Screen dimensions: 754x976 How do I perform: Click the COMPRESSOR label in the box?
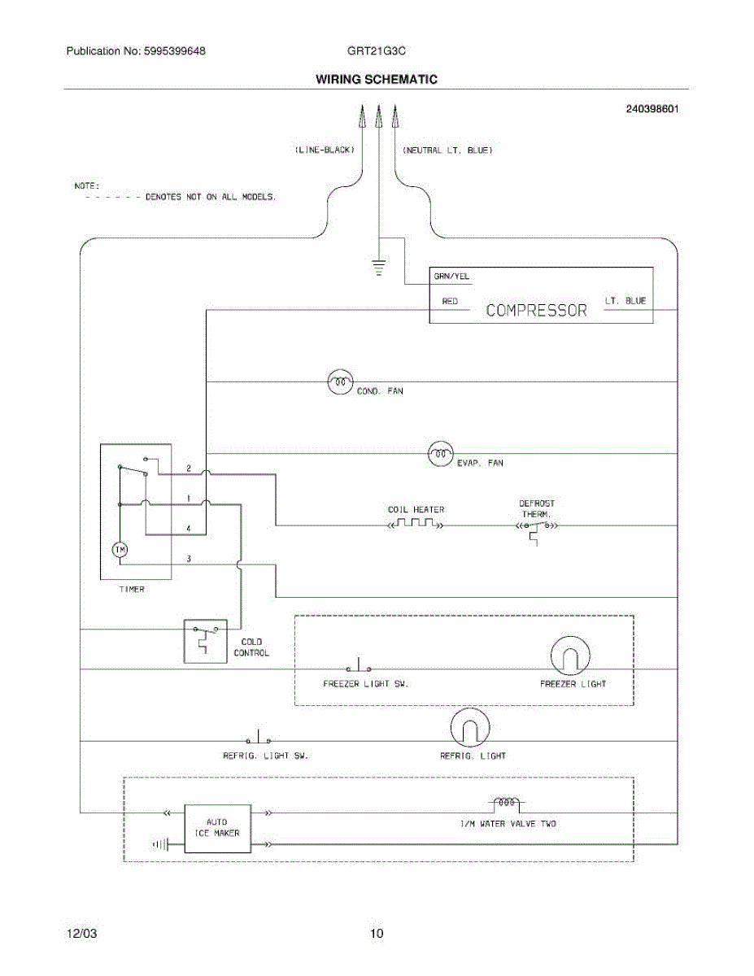pyautogui.click(x=536, y=311)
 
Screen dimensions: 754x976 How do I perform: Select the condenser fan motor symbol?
pyautogui.click(x=340, y=381)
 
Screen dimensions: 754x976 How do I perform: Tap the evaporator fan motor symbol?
pyautogui.click(x=441, y=454)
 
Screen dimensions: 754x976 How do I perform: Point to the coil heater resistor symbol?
pyautogui.click(x=416, y=524)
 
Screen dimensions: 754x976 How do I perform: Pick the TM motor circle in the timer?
pyautogui.click(x=120, y=550)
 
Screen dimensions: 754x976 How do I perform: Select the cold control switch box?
pyautogui.click(x=205, y=642)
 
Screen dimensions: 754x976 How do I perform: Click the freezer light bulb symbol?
pyautogui.click(x=570, y=656)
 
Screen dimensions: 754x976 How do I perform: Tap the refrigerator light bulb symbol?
pyautogui.click(x=470, y=728)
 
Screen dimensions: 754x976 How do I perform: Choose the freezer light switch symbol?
pyautogui.click(x=359, y=664)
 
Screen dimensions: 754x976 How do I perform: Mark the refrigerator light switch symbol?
pyautogui.click(x=258, y=737)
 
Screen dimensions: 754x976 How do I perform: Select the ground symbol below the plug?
pyautogui.click(x=378, y=267)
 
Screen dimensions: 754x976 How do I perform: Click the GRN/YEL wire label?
pyautogui.click(x=451, y=277)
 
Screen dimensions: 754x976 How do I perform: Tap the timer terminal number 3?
pyautogui.click(x=189, y=559)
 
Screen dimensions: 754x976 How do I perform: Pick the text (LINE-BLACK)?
pyautogui.click(x=325, y=150)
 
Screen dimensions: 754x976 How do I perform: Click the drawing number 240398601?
pyautogui.click(x=652, y=109)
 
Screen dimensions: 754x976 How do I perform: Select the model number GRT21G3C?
pyautogui.click(x=377, y=51)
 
